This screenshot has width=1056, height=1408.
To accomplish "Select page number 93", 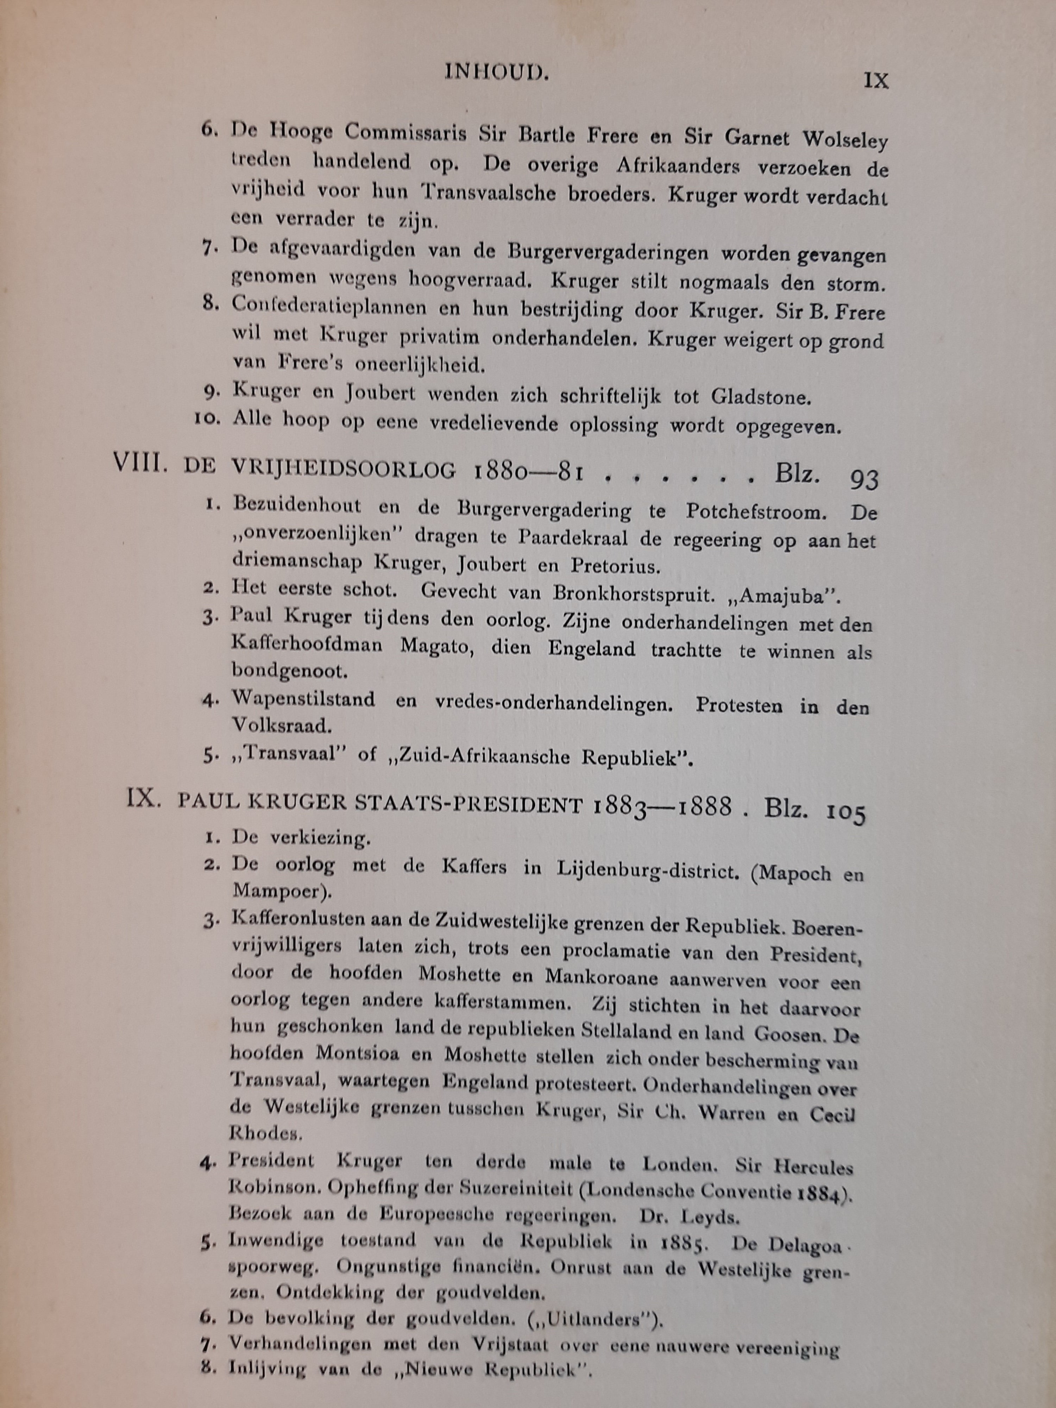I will (x=864, y=480).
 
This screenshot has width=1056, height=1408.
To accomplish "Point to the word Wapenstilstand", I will (x=304, y=699).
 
